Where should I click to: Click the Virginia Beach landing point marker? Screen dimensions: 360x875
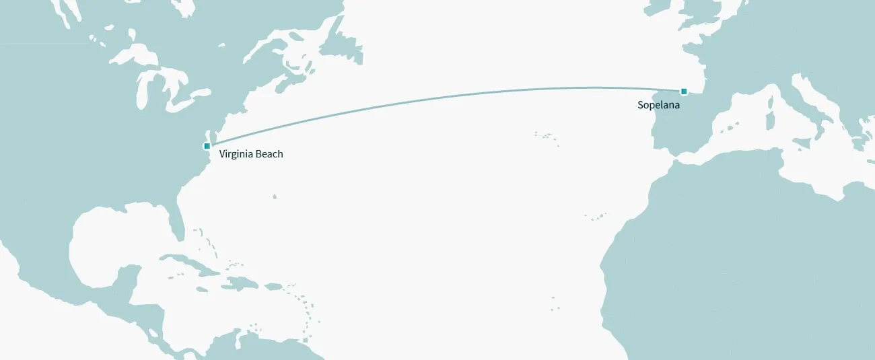pyautogui.click(x=207, y=145)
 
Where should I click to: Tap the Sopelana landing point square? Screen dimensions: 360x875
pyautogui.click(x=684, y=92)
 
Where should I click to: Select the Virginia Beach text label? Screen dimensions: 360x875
pyautogui.click(x=251, y=154)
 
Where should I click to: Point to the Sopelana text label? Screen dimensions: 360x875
pyautogui.click(x=658, y=105)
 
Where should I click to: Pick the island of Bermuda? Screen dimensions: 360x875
pyautogui.click(x=275, y=196)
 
